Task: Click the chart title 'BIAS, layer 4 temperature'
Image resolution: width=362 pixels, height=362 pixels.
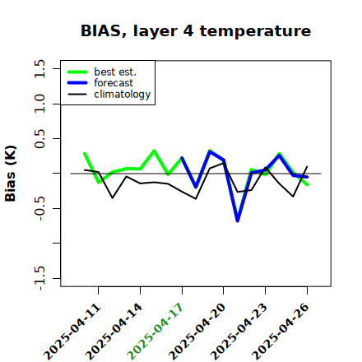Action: click(x=196, y=31)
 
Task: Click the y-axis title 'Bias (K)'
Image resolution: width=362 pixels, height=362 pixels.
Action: click(x=11, y=174)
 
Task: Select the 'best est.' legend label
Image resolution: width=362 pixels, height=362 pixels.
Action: click(x=115, y=72)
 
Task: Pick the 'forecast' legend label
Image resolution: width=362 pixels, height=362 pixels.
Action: click(x=114, y=83)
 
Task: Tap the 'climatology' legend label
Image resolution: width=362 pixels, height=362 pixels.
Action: click(x=123, y=95)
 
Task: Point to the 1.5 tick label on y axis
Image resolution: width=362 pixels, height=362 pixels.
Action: click(x=39, y=68)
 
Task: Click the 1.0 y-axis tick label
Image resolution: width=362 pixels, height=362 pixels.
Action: click(x=39, y=104)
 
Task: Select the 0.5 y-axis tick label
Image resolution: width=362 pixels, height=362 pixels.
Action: click(x=39, y=139)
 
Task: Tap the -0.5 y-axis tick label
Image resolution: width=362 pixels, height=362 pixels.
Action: click(x=39, y=209)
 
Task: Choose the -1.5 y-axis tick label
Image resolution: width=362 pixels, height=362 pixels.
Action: click(x=39, y=279)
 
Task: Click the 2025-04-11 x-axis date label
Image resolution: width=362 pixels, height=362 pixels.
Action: click(x=72, y=332)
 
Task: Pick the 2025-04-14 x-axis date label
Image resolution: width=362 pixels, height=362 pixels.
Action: click(x=114, y=332)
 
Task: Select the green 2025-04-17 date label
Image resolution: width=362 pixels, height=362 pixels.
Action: click(x=155, y=332)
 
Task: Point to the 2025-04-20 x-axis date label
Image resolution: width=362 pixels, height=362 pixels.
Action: click(x=197, y=332)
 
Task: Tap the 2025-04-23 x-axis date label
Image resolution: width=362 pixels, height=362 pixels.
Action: click(x=239, y=332)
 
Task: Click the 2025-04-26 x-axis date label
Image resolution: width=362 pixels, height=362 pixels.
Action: click(x=281, y=332)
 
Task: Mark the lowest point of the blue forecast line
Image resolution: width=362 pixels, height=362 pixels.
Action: click(x=238, y=220)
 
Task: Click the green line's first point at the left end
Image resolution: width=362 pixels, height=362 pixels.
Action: click(x=85, y=153)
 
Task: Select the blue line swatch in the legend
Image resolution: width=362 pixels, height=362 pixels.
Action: click(x=77, y=83)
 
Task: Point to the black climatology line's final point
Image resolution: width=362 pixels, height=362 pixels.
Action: click(x=307, y=166)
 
